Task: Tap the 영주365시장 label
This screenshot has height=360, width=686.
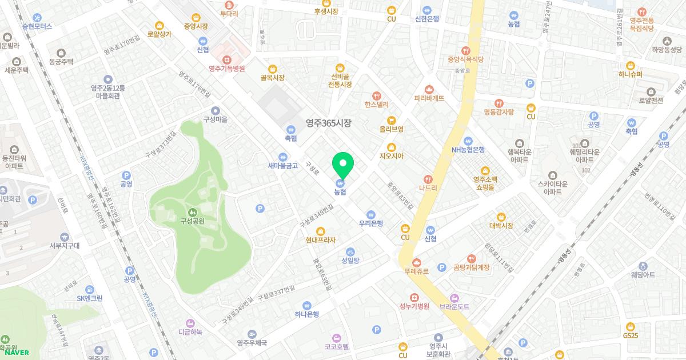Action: tap(328, 123)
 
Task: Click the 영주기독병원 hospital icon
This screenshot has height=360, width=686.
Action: tap(227, 59)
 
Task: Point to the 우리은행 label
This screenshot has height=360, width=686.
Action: tap(370, 223)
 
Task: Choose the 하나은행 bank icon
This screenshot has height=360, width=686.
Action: tap(307, 305)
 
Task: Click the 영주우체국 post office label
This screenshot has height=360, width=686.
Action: tap(252, 343)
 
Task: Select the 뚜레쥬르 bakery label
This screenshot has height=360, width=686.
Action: tap(416, 271)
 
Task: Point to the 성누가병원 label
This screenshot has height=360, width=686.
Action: tap(414, 306)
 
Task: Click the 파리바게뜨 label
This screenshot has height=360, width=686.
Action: tap(429, 98)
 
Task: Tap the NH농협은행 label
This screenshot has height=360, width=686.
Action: tap(468, 150)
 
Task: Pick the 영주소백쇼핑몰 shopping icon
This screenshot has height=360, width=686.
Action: tap(485, 170)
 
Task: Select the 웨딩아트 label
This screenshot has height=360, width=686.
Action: tap(643, 275)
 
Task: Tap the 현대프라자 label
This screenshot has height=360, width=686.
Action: tap(321, 240)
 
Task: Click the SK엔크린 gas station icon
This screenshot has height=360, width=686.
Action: tap(90, 289)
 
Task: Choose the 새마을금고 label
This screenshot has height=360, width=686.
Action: tap(283, 166)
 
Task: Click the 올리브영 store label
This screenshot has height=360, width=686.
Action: tap(392, 129)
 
